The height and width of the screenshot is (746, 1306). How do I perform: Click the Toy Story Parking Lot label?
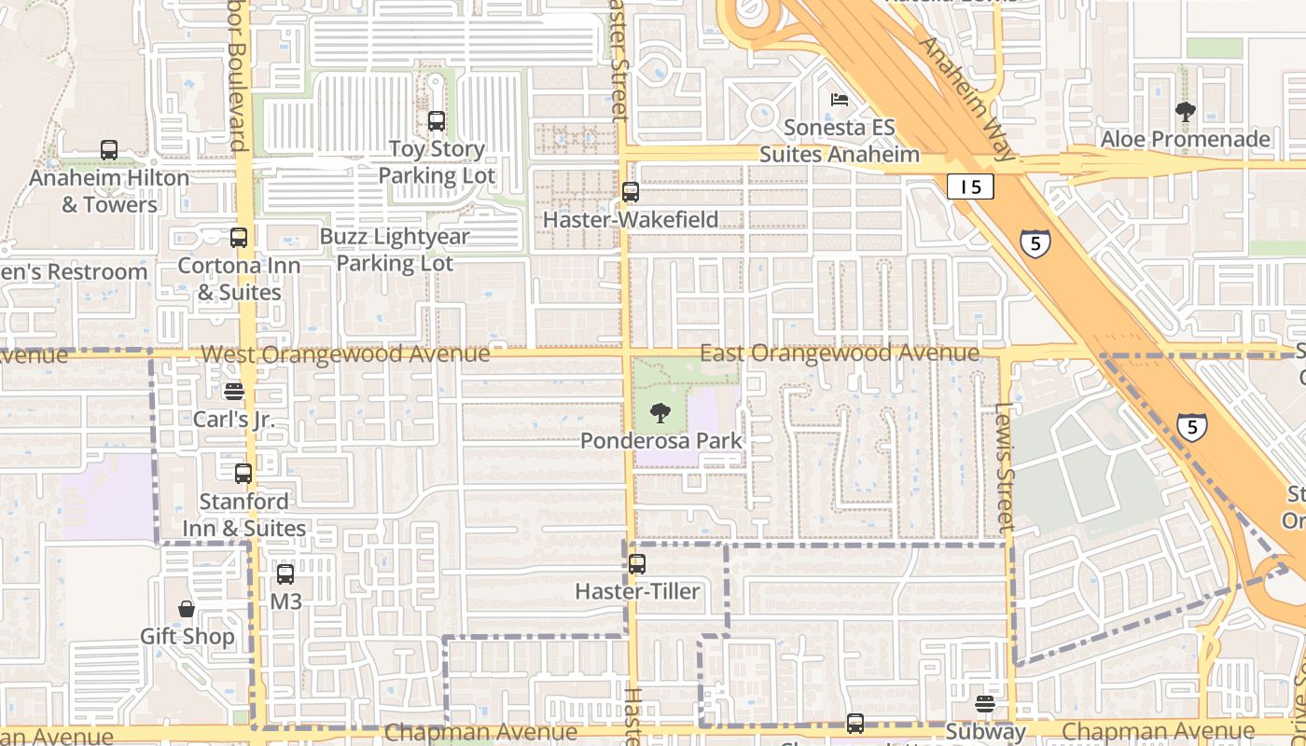(437, 162)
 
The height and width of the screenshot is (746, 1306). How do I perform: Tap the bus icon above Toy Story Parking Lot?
(437, 121)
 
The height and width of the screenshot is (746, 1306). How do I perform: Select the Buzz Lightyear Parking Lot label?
(395, 250)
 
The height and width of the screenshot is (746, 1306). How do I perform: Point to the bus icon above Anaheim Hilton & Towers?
(109, 149)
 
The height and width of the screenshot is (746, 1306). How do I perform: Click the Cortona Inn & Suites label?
(239, 279)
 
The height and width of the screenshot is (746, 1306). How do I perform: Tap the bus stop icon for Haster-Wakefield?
(631, 192)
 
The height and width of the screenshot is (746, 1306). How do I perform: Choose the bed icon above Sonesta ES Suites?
(840, 100)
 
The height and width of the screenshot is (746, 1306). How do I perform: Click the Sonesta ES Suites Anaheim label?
(840, 141)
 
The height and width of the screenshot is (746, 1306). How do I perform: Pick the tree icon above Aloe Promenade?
(1186, 113)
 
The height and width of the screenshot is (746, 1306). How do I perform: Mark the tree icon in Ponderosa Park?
(660, 413)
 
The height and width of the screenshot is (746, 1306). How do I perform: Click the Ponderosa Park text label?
(661, 441)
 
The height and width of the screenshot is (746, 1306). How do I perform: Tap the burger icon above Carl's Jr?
(233, 392)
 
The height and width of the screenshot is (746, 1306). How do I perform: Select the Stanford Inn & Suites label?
(243, 515)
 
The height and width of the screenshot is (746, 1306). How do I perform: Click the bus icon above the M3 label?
(285, 574)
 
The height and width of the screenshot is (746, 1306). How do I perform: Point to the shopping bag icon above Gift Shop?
(187, 609)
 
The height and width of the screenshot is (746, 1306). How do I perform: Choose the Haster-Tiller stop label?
(637, 591)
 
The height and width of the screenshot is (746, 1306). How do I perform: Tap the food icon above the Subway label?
(985, 704)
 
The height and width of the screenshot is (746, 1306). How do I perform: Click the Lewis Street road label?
(1005, 467)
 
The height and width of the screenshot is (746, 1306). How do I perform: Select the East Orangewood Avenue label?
(840, 352)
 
